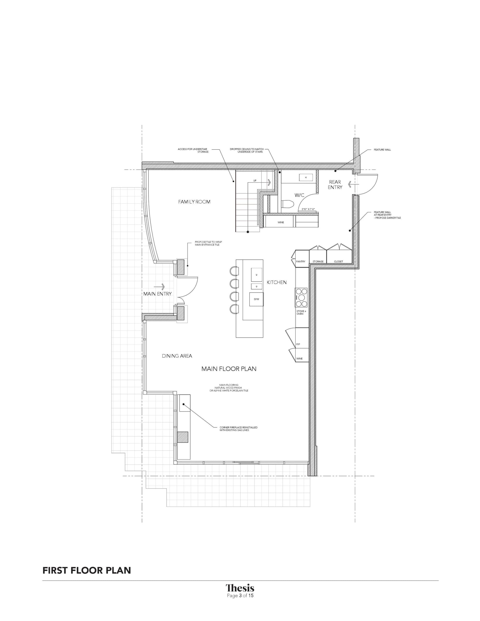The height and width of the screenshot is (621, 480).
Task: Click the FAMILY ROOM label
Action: [194, 202]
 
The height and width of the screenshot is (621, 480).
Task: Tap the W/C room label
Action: [300, 195]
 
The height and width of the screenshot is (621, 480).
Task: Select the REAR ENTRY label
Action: [335, 184]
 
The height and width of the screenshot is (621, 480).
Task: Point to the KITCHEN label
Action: [277, 282]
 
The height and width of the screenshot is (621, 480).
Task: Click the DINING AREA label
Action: [177, 356]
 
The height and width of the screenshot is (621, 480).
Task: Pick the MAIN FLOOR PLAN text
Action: [229, 369]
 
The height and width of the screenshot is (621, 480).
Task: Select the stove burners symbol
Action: [302, 297]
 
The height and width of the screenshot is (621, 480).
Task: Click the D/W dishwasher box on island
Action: [256, 299]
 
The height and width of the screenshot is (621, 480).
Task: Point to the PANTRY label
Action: [300, 261]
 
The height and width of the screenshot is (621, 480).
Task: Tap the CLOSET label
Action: [338, 261]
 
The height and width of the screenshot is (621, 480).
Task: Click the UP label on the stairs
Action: [255, 180]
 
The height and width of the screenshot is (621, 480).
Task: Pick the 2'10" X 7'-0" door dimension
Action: [308, 209]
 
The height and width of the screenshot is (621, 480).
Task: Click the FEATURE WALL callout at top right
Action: [382, 150]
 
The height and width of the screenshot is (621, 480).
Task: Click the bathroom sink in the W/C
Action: [306, 177]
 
